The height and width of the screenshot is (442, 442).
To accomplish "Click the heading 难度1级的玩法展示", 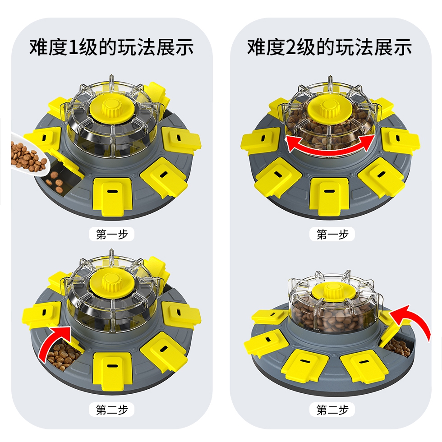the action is (112, 47).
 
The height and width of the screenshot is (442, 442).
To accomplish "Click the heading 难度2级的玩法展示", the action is (330, 47).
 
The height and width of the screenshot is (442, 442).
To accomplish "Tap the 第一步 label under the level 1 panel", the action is (112, 234).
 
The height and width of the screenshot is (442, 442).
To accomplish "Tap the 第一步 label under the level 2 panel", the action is (332, 234).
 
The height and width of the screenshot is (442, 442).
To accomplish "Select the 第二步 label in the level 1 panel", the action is (112, 410).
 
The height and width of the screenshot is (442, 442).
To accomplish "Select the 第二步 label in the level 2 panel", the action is (332, 410).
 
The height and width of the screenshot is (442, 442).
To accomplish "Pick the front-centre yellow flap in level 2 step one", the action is (329, 197).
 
